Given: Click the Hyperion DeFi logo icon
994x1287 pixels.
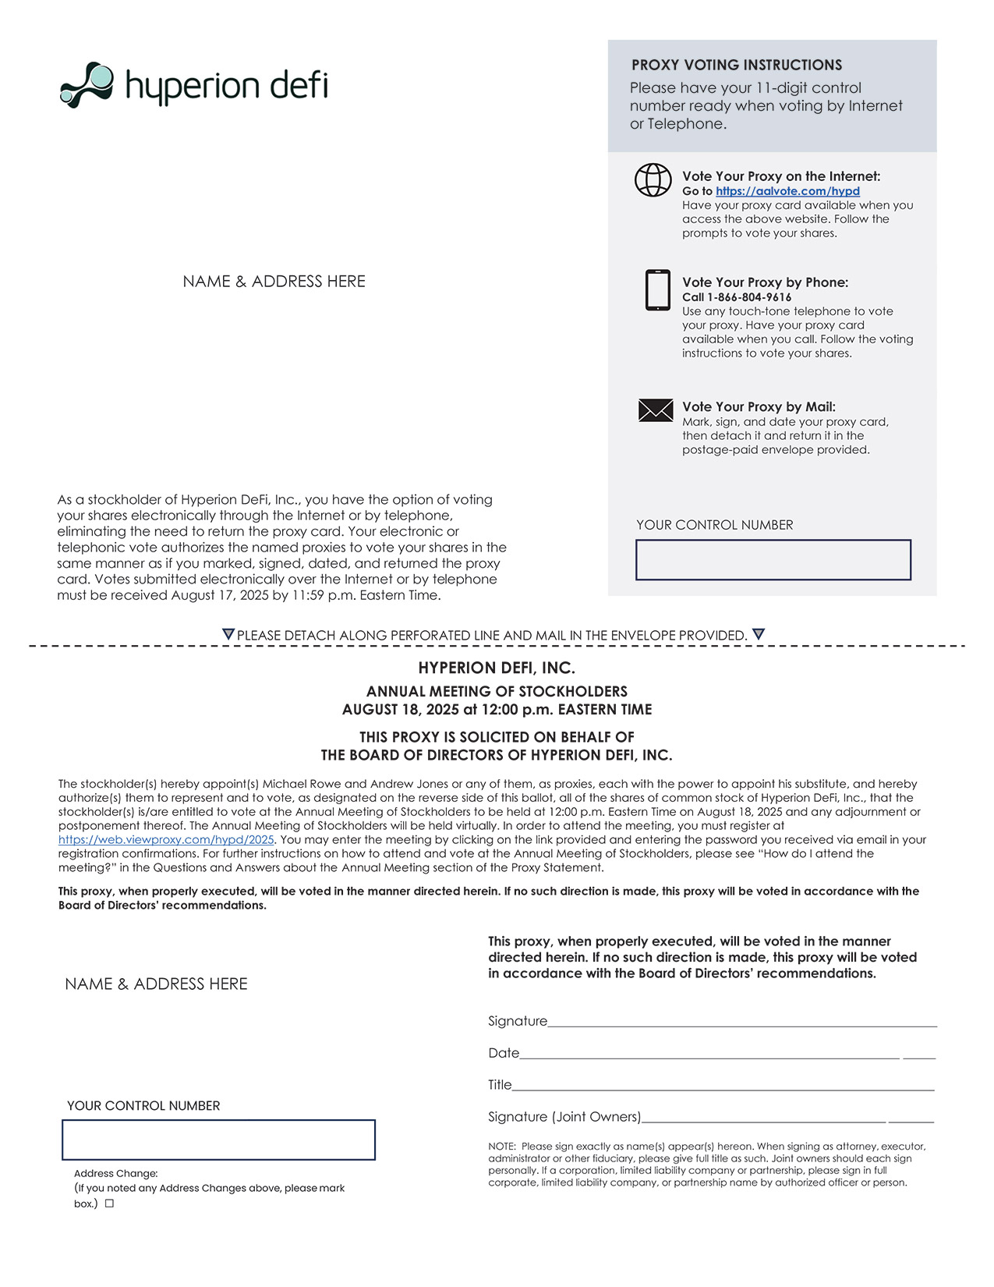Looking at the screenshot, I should [87, 84].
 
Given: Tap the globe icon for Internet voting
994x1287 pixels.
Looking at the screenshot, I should [653, 180].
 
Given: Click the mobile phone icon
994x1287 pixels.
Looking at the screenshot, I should [657, 290].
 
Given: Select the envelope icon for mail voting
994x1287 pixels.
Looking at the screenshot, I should [655, 410].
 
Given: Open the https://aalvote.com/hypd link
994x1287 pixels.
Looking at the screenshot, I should [787, 191].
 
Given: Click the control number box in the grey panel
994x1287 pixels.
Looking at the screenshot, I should [773, 560].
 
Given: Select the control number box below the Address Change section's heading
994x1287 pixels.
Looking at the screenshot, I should [218, 1140].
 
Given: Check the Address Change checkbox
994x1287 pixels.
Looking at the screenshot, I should [109, 1204].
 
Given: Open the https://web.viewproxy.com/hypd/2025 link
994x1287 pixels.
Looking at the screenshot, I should [166, 840].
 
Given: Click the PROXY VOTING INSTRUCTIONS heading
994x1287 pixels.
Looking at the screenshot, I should [736, 66].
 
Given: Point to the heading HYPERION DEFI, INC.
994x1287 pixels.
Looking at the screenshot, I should [497, 668].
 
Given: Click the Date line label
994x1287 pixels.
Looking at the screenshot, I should [504, 1053].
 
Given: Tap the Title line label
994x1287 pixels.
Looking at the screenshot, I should [500, 1085].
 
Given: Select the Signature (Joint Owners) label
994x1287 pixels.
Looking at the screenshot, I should [564, 1117].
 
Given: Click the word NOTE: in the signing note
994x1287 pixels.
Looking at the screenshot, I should [502, 1147].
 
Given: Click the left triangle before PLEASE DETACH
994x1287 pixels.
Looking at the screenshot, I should [228, 634].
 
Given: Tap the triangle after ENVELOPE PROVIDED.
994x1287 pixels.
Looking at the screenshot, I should [759, 634].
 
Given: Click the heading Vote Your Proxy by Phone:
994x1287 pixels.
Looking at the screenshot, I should [765, 282].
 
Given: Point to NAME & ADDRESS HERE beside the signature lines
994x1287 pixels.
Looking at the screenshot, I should [156, 984].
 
